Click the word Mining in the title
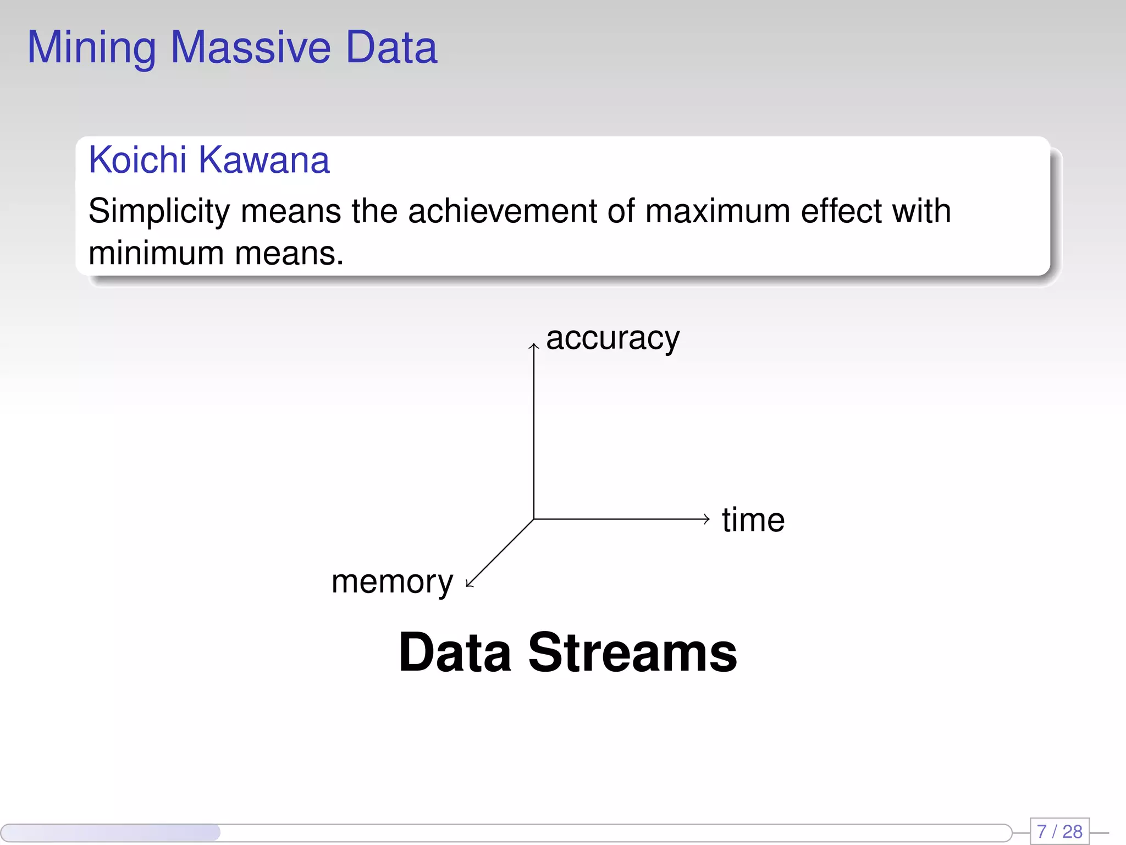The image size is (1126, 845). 92,48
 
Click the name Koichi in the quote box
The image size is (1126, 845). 137,160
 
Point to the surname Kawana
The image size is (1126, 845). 264,160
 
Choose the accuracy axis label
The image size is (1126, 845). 612,338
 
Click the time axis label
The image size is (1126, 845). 753,520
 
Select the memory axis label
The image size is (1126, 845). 392,582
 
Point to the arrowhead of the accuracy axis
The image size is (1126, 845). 533,346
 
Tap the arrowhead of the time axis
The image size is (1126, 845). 707,519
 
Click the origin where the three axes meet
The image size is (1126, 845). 533,519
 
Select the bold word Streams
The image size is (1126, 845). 632,653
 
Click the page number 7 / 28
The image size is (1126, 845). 1059,831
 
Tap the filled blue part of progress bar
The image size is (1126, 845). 110,832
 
